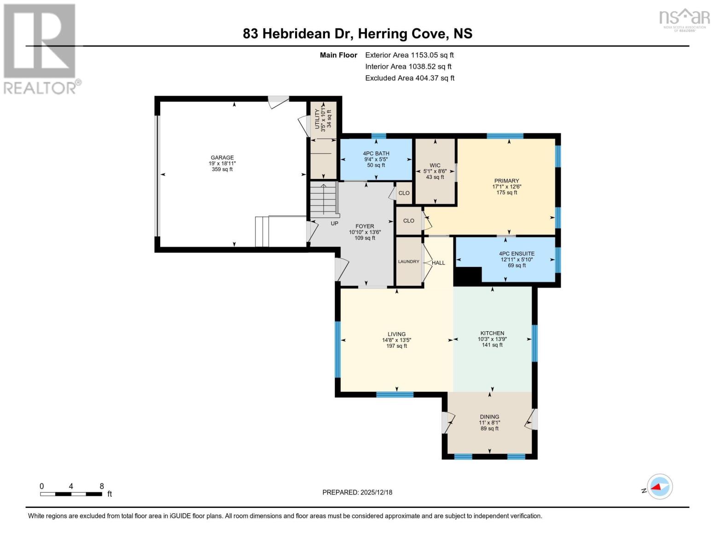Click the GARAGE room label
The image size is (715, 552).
coord(222,157)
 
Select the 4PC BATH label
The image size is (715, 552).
coord(376,154)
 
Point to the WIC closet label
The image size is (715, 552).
coord(435,166)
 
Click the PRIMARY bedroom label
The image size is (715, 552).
coord(506,181)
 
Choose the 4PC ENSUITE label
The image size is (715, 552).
coord(517,253)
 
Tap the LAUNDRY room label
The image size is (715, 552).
coord(408,262)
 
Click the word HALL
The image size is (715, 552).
coord(438,263)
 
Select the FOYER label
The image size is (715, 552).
coord(364,226)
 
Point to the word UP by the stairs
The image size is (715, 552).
coord(334,224)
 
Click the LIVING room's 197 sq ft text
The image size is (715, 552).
coord(396,346)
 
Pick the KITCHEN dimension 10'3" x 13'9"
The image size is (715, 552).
coord(492,339)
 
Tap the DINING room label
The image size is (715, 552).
coord(489,417)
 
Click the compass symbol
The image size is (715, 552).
coord(659,487)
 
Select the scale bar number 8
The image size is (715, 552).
coord(102,486)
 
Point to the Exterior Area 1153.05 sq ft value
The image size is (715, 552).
coord(432,55)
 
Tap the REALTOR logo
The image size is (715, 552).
coord(41,48)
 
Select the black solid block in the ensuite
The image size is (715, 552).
coord(467,275)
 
